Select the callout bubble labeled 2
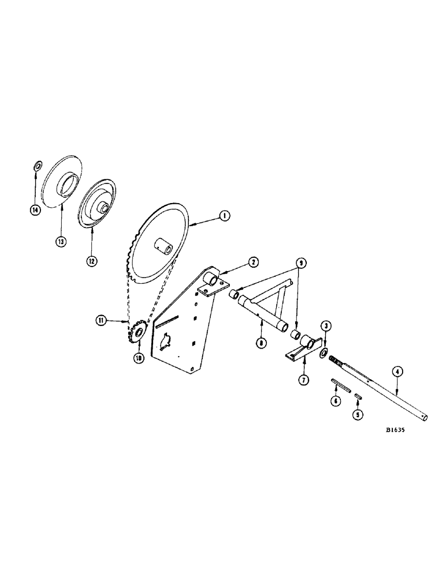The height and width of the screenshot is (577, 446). pos(253,262)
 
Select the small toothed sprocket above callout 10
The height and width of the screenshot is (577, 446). pos(138,334)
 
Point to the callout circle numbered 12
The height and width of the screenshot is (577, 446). pos(92,261)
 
